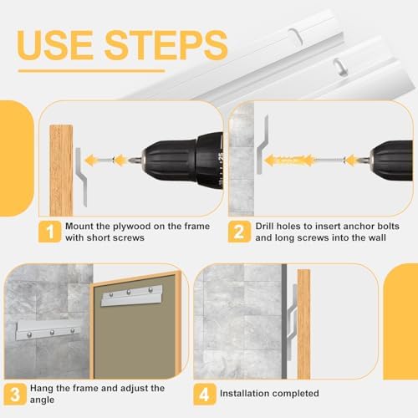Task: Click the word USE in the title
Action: point(55,44)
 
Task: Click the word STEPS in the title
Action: point(166,44)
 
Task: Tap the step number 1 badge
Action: point(49,232)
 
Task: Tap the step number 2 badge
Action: point(239,232)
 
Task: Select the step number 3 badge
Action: point(15,394)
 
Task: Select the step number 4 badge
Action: point(205,394)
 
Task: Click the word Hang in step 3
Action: point(42,388)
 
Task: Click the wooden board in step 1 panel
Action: point(61,171)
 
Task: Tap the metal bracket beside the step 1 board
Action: point(81,177)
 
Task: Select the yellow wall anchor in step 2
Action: point(288,161)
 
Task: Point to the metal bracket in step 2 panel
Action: point(262,145)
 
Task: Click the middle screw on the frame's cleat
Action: point(129,293)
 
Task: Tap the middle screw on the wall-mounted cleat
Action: point(52,333)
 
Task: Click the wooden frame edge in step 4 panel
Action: point(303,324)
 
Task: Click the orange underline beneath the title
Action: point(92,71)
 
